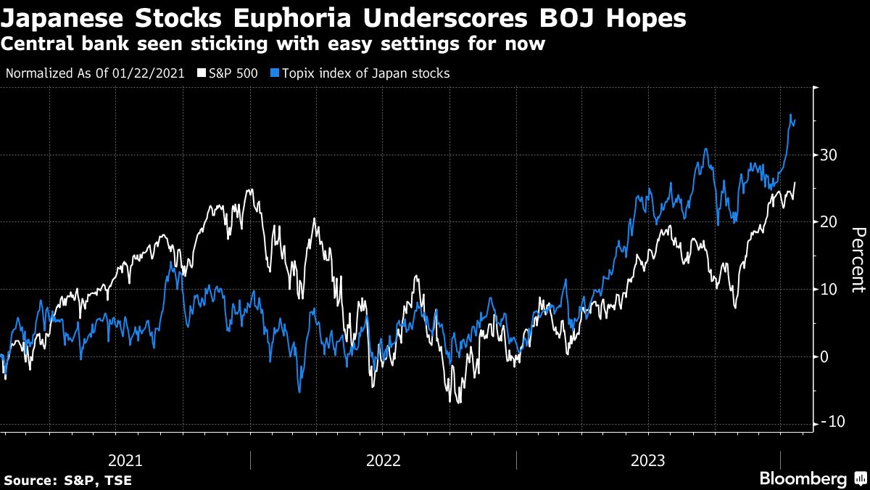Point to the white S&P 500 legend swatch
coord(201,73)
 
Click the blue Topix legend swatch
coord(275,73)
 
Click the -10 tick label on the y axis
coord(829,423)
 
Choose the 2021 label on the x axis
coord(125,460)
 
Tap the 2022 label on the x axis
coord(384,460)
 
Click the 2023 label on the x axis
coord(648,460)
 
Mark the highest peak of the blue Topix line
coord(790,115)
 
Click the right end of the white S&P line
coord(795,182)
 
